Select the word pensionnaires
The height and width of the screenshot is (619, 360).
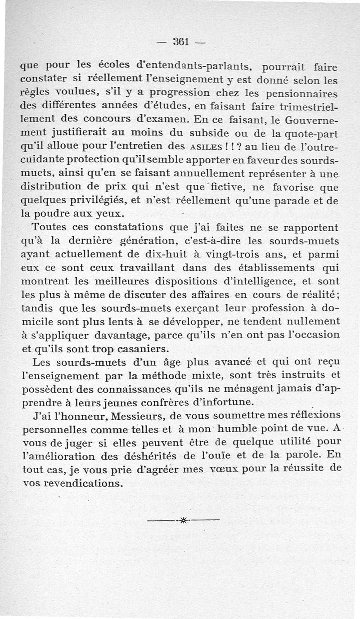click(x=302, y=94)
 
